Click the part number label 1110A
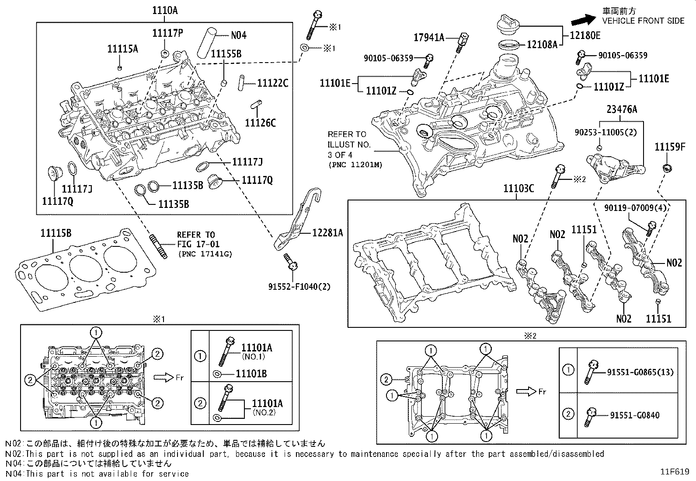(165, 10)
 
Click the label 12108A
(542, 44)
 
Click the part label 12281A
(327, 232)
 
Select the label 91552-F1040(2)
(299, 287)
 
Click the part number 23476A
(621, 109)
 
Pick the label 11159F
(669, 147)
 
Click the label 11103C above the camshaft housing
(519, 189)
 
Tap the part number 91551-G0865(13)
(640, 372)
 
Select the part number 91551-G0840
(633, 415)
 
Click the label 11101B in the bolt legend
(251, 374)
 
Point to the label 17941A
(428, 38)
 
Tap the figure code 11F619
(675, 472)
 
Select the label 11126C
(260, 123)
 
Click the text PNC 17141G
(205, 254)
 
